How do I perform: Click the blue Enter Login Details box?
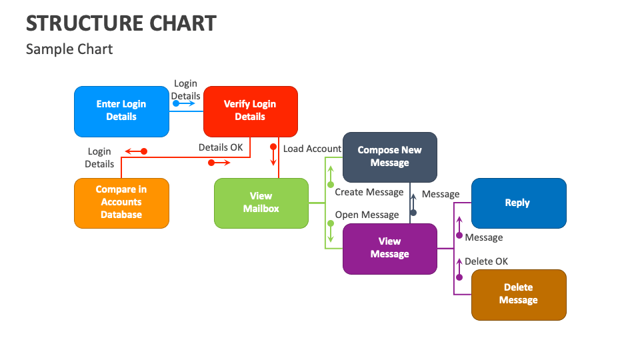coord(121,111)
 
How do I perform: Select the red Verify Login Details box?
coord(250,111)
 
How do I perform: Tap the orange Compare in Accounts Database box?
coord(121,203)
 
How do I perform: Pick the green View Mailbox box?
coord(261,203)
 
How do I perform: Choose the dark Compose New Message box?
coord(390,157)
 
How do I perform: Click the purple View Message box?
coord(390,248)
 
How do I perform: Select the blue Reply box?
coord(518,203)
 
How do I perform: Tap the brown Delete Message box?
coord(518,294)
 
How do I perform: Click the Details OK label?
coord(221,147)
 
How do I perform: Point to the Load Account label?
coord(312,149)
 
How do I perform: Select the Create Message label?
coord(369,192)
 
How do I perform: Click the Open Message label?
coord(367,215)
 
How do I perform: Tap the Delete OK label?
coord(486,261)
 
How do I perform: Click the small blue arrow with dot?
coord(183,104)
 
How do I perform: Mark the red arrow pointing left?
coord(136,151)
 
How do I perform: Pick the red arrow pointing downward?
coord(273,155)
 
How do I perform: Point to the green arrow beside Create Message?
coord(330,176)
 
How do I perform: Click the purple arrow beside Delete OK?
coord(459,269)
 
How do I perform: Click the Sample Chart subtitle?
coord(69,49)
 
